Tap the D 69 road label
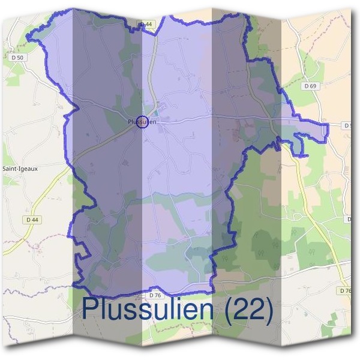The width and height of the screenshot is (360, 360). [310, 86]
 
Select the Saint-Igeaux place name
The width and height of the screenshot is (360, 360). [20, 169]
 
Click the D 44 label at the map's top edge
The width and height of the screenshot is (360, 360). [146, 24]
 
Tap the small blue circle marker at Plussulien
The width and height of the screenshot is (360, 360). [142, 122]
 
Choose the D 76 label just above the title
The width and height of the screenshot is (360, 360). [155, 295]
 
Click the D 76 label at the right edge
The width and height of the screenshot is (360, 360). [344, 290]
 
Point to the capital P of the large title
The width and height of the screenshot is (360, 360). [89, 310]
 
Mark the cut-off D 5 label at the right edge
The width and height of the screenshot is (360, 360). [348, 125]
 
